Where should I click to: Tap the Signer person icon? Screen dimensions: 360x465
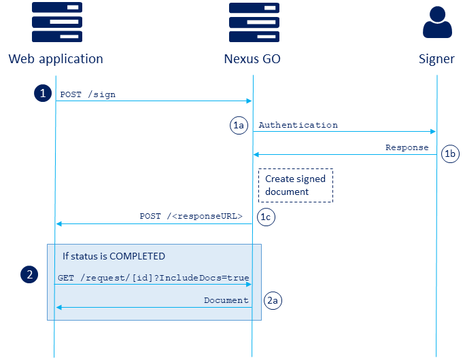click(x=436, y=24)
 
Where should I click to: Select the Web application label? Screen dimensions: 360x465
click(x=56, y=59)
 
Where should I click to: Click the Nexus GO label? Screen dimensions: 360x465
click(x=252, y=59)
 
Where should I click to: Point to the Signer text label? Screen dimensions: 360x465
click(x=436, y=59)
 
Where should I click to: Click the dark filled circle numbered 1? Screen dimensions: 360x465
click(x=43, y=94)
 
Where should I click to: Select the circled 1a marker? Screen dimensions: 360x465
click(x=239, y=125)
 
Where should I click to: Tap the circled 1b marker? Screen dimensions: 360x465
click(x=450, y=154)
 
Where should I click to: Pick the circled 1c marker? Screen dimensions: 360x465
click(x=266, y=216)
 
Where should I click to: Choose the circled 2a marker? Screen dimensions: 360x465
click(x=273, y=300)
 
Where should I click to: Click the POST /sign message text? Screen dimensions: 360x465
click(x=88, y=94)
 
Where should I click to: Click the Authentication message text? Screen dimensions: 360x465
click(x=298, y=125)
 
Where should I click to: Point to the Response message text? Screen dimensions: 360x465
click(x=407, y=147)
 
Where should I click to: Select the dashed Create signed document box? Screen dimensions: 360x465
click(x=295, y=185)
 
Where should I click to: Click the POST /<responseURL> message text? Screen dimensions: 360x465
click(x=191, y=216)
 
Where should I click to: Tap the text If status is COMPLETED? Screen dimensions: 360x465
click(x=114, y=256)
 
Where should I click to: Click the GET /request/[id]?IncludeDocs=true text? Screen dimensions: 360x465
click(x=153, y=278)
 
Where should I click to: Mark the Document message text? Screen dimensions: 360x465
click(x=226, y=300)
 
